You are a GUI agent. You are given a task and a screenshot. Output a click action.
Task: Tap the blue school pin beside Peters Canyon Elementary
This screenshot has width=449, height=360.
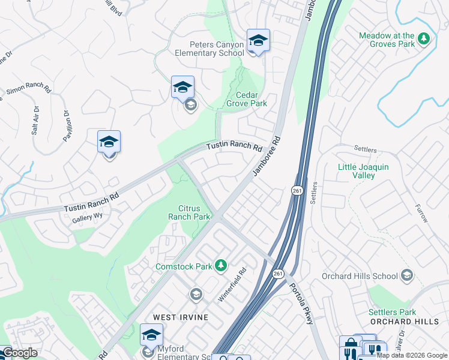pyautogui.click(x=258, y=41)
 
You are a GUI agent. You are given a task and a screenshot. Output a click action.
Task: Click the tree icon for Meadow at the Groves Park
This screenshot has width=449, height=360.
pyautogui.click(x=424, y=39)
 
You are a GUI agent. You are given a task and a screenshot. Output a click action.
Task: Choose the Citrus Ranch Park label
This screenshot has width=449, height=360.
pyautogui.click(x=189, y=212)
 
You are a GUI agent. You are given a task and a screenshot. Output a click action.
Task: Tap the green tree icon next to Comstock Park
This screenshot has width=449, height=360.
pyautogui.click(x=221, y=265)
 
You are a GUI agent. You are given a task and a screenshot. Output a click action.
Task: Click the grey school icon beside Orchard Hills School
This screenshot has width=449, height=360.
pyautogui.click(x=407, y=275)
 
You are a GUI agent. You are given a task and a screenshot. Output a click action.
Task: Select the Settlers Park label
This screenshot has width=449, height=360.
pyautogui.click(x=393, y=312)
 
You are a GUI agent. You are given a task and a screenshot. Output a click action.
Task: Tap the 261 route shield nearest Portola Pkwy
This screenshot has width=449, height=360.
pyautogui.click(x=277, y=274)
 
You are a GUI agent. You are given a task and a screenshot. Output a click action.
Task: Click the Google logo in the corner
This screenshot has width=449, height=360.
pyautogui.click(x=19, y=353)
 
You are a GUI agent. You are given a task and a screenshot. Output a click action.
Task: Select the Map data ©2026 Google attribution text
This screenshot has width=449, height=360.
pyautogui.click(x=412, y=355)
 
